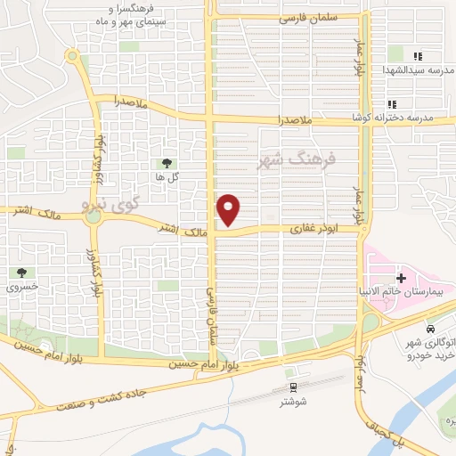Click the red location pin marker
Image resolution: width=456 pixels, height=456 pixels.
[x=229, y=209]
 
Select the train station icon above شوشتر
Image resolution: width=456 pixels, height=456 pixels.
[x=293, y=386]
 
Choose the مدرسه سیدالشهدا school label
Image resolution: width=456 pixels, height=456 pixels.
[x=418, y=70]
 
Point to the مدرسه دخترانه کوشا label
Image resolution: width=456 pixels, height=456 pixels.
[x=418, y=118]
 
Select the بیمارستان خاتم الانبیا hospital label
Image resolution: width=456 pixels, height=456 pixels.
[x=411, y=292]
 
